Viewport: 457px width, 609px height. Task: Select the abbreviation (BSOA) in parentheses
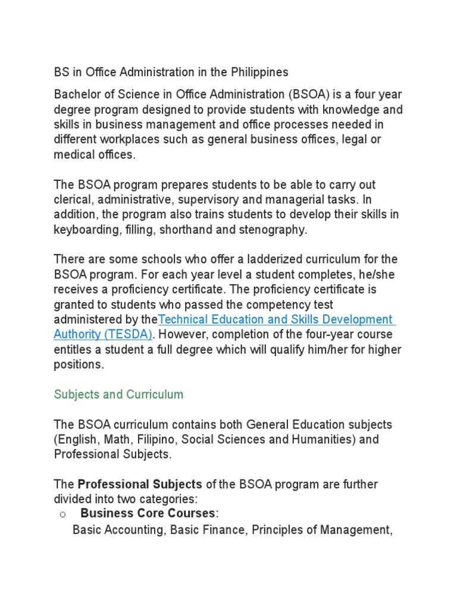click(x=309, y=95)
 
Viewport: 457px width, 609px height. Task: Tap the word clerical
click(x=74, y=200)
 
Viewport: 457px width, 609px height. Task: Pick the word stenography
click(x=278, y=230)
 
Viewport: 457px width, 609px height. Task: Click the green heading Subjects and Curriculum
click(x=119, y=395)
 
